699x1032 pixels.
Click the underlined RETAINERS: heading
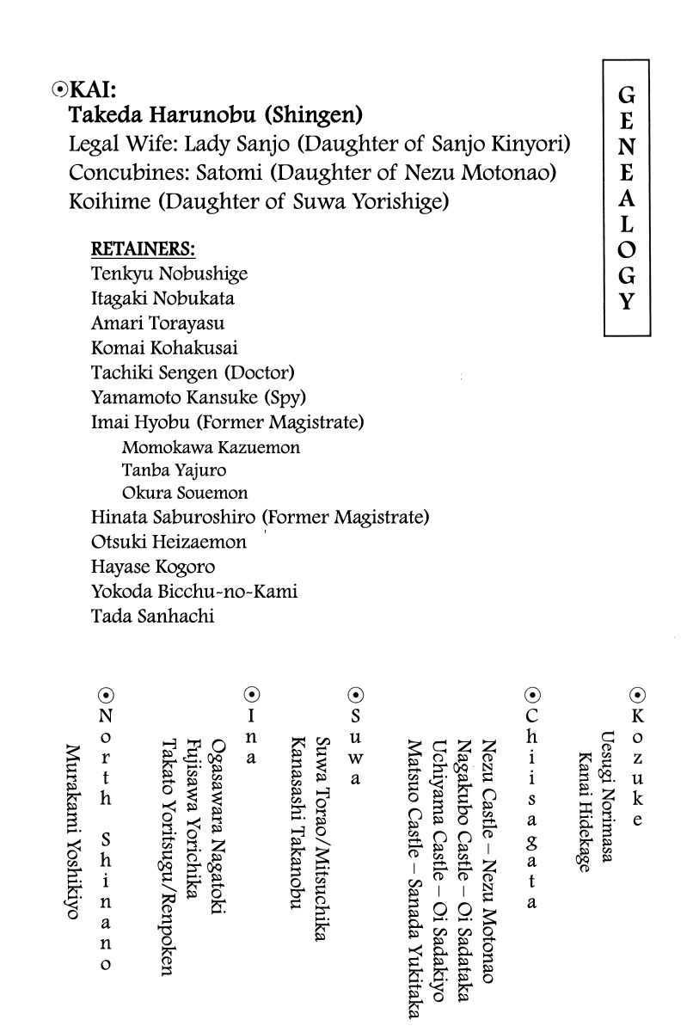pos(144,249)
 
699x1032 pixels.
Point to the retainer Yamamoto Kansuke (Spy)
pos(199,398)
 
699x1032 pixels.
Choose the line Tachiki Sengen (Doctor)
pos(193,373)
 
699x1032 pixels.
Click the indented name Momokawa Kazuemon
pos(211,448)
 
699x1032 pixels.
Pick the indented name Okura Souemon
pos(185,494)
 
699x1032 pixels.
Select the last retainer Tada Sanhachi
pos(153,617)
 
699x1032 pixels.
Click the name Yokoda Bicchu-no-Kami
pos(194,592)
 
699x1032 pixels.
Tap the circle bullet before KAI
pos(58,89)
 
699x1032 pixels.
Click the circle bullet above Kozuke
pos(637,695)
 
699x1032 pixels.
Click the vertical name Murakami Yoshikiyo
pos(72,830)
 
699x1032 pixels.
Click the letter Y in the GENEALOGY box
pos(627,302)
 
